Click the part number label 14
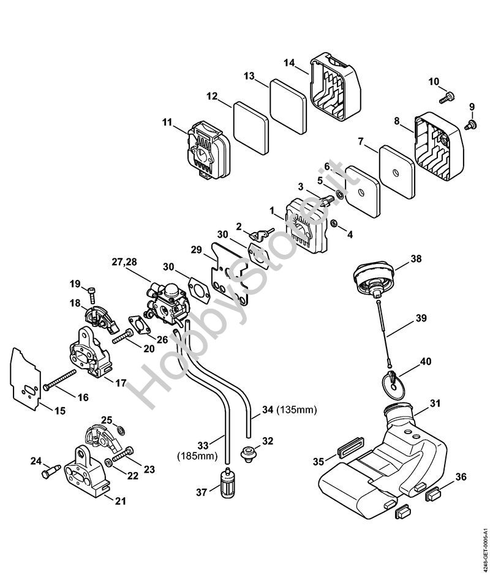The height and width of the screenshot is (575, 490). tap(290, 62)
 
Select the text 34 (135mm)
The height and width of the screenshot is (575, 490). tap(290, 409)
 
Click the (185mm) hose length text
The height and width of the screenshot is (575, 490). tap(194, 456)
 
